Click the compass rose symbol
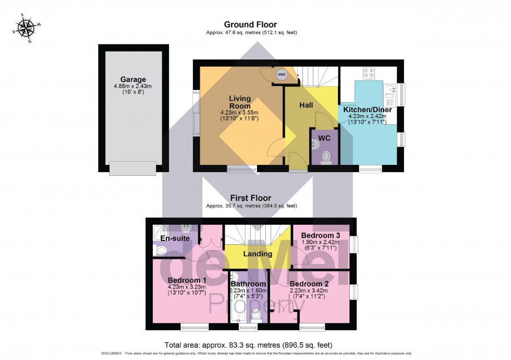point(23,28)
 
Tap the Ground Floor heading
point(250,25)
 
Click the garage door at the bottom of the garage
point(132,168)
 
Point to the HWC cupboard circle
point(282,75)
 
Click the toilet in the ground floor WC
point(326,155)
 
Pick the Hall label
point(306,105)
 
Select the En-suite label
point(175,238)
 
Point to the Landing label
point(258,254)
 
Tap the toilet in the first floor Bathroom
point(256,314)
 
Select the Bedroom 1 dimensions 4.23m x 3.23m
point(187,286)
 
